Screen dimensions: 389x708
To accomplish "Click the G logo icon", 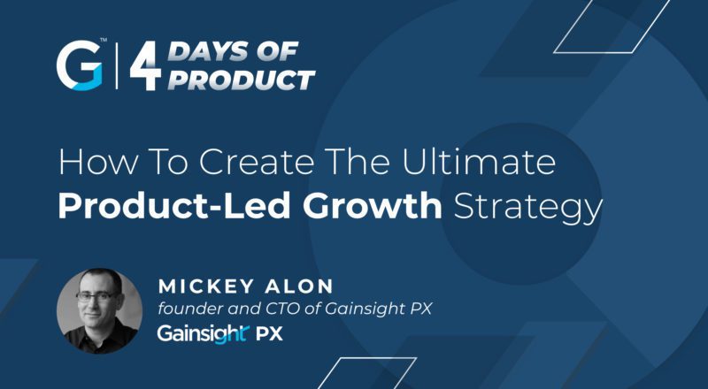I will (80, 67).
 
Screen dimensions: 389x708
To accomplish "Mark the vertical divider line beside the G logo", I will (116, 68).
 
